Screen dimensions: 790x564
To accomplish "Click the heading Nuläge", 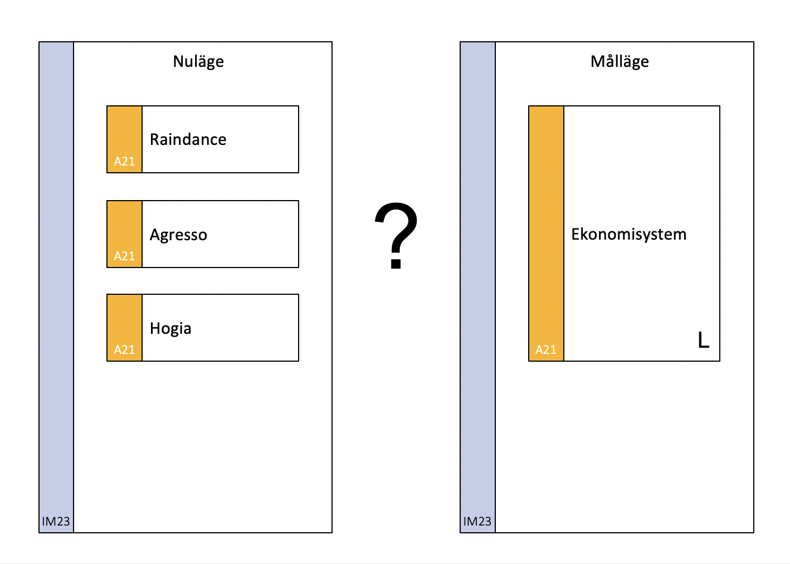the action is click(198, 62).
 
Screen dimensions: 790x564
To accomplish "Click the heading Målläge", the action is click(620, 62).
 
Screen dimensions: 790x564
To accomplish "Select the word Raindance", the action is click(188, 139).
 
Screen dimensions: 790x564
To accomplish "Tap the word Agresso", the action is click(178, 235).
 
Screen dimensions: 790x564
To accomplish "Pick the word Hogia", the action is click(170, 329).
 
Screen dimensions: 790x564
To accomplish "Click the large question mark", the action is click(396, 235).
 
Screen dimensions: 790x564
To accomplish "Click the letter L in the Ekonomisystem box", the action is click(704, 340).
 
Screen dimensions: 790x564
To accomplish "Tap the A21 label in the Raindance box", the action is click(124, 162).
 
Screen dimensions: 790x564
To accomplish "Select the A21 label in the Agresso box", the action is click(124, 256).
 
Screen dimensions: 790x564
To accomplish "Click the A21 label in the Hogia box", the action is click(124, 350).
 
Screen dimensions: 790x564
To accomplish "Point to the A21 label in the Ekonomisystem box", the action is click(546, 350).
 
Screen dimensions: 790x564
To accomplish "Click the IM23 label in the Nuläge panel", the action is click(56, 521).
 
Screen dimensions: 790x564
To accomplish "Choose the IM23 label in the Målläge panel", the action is click(477, 521).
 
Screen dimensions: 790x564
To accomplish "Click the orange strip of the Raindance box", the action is click(124, 139).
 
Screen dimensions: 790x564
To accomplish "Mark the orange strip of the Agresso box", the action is click(124, 234).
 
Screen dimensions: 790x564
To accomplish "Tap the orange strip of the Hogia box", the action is click(124, 328).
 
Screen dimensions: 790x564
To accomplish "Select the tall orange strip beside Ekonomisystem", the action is click(547, 234).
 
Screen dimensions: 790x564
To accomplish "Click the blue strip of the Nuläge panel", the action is click(56, 287).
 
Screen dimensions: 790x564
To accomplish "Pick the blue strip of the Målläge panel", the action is click(478, 287).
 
